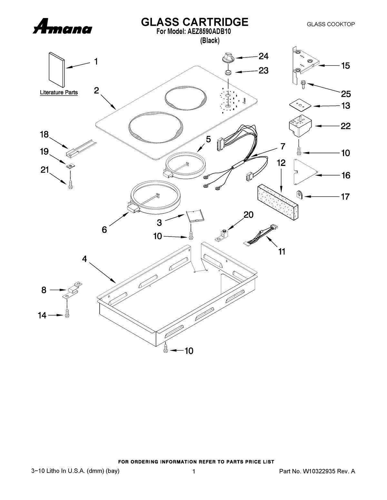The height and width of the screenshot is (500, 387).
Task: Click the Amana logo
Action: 62,26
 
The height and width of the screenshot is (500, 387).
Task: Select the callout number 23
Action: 263,71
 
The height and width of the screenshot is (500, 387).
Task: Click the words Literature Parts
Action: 59,92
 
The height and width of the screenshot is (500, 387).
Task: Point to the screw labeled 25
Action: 304,84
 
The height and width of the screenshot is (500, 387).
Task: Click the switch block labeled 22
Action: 300,126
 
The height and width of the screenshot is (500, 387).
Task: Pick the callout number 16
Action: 346,175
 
